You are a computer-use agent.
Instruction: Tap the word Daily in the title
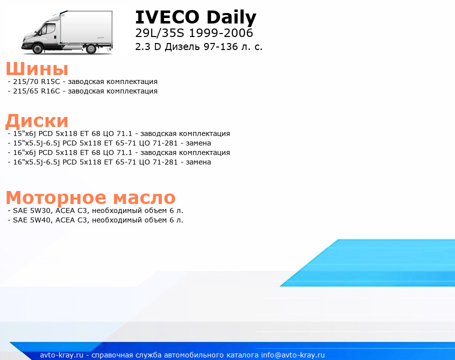pyautogui.click(x=231, y=17)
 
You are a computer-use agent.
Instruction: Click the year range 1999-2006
pyautogui.click(x=221, y=33)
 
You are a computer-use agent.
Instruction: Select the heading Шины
pyautogui.click(x=37, y=69)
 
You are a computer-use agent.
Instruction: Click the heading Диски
pyautogui.click(x=37, y=120)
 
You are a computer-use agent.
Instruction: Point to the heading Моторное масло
pyautogui.click(x=90, y=197)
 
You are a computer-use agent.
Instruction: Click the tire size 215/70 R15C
pyautogui.click(x=36, y=82)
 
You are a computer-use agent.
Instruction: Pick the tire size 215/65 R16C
pyautogui.click(x=36, y=91)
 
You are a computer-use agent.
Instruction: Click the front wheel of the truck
pyautogui.click(x=37, y=48)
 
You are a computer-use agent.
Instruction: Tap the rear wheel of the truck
pyautogui.click(x=91, y=48)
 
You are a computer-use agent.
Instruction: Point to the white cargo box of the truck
pyautogui.click(x=86, y=27)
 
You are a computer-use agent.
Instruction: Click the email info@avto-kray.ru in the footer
pyautogui.click(x=292, y=355)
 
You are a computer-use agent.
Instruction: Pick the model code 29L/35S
pyautogui.click(x=159, y=33)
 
